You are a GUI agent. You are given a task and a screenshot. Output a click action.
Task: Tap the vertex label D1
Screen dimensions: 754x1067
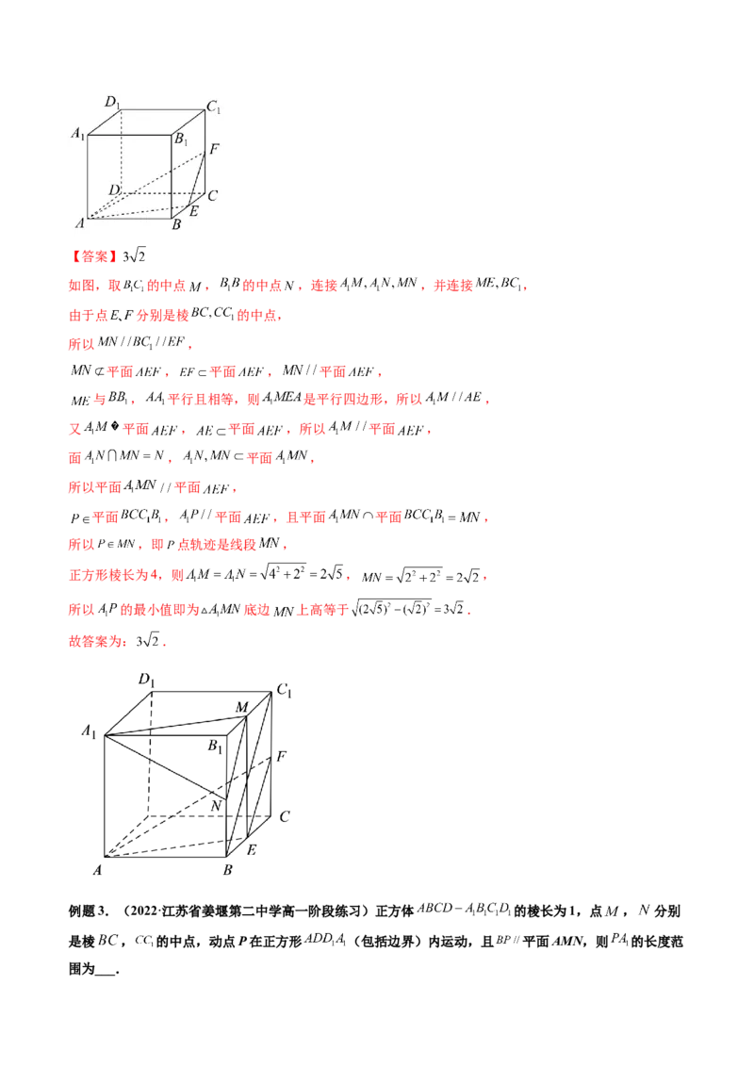(111, 102)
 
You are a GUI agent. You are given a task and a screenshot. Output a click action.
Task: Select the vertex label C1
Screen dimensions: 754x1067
(214, 108)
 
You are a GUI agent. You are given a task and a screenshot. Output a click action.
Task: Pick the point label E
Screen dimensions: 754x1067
(193, 211)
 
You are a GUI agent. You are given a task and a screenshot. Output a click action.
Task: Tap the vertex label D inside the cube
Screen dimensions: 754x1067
(113, 190)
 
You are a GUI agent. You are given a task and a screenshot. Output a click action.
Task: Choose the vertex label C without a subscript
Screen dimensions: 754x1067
(213, 196)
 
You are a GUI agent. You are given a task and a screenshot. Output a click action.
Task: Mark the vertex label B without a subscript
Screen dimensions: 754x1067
(175, 225)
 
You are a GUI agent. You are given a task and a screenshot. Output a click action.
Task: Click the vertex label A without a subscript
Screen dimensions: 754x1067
(80, 224)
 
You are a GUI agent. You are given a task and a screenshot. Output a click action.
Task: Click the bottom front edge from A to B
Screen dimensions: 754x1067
(129, 219)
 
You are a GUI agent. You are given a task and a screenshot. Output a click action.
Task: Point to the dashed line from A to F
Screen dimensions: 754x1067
(151, 183)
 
